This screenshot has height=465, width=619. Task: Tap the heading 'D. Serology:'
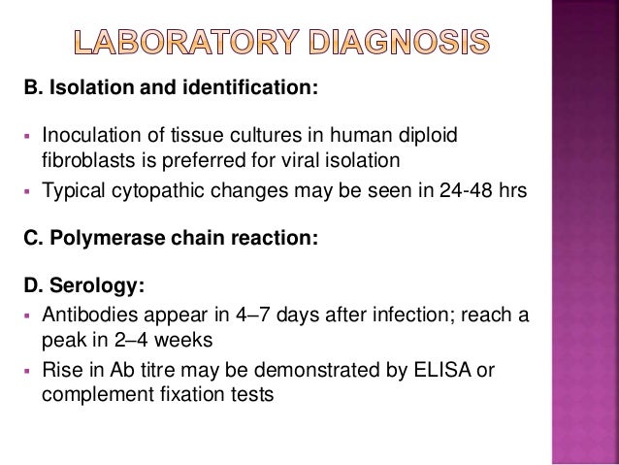point(74,285)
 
